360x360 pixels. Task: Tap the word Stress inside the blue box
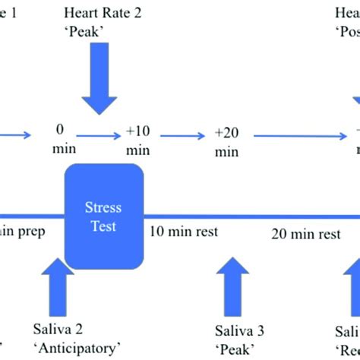pyautogui.click(x=103, y=207)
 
